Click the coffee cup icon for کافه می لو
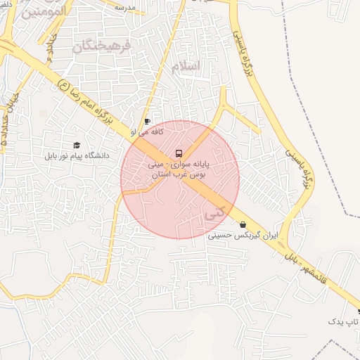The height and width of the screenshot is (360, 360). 147,121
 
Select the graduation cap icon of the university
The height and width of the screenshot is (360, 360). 76,145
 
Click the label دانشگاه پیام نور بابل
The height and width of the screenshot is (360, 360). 75,155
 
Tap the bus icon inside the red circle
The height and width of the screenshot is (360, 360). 179,153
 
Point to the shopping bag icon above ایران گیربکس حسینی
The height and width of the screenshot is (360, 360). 243,225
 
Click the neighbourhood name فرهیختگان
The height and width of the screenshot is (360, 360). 103,46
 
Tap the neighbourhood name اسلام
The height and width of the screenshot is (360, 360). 186,65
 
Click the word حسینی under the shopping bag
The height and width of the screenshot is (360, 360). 221,236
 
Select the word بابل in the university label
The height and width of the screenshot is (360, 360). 52,155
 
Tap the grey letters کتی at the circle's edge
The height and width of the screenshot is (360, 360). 214,211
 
